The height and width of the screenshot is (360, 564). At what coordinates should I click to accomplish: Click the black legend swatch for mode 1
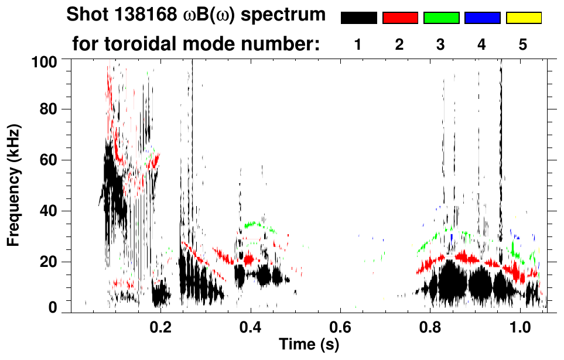pos(358,18)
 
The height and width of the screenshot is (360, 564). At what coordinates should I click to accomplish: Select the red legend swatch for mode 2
pos(400,18)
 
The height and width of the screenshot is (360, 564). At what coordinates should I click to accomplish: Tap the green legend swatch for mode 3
pos(441,18)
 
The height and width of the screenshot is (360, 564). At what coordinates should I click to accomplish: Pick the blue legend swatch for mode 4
pos(482,18)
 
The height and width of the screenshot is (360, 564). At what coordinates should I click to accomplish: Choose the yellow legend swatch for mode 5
pos(523,18)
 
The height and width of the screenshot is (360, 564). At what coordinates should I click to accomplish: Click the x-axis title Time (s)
pos(309,344)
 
